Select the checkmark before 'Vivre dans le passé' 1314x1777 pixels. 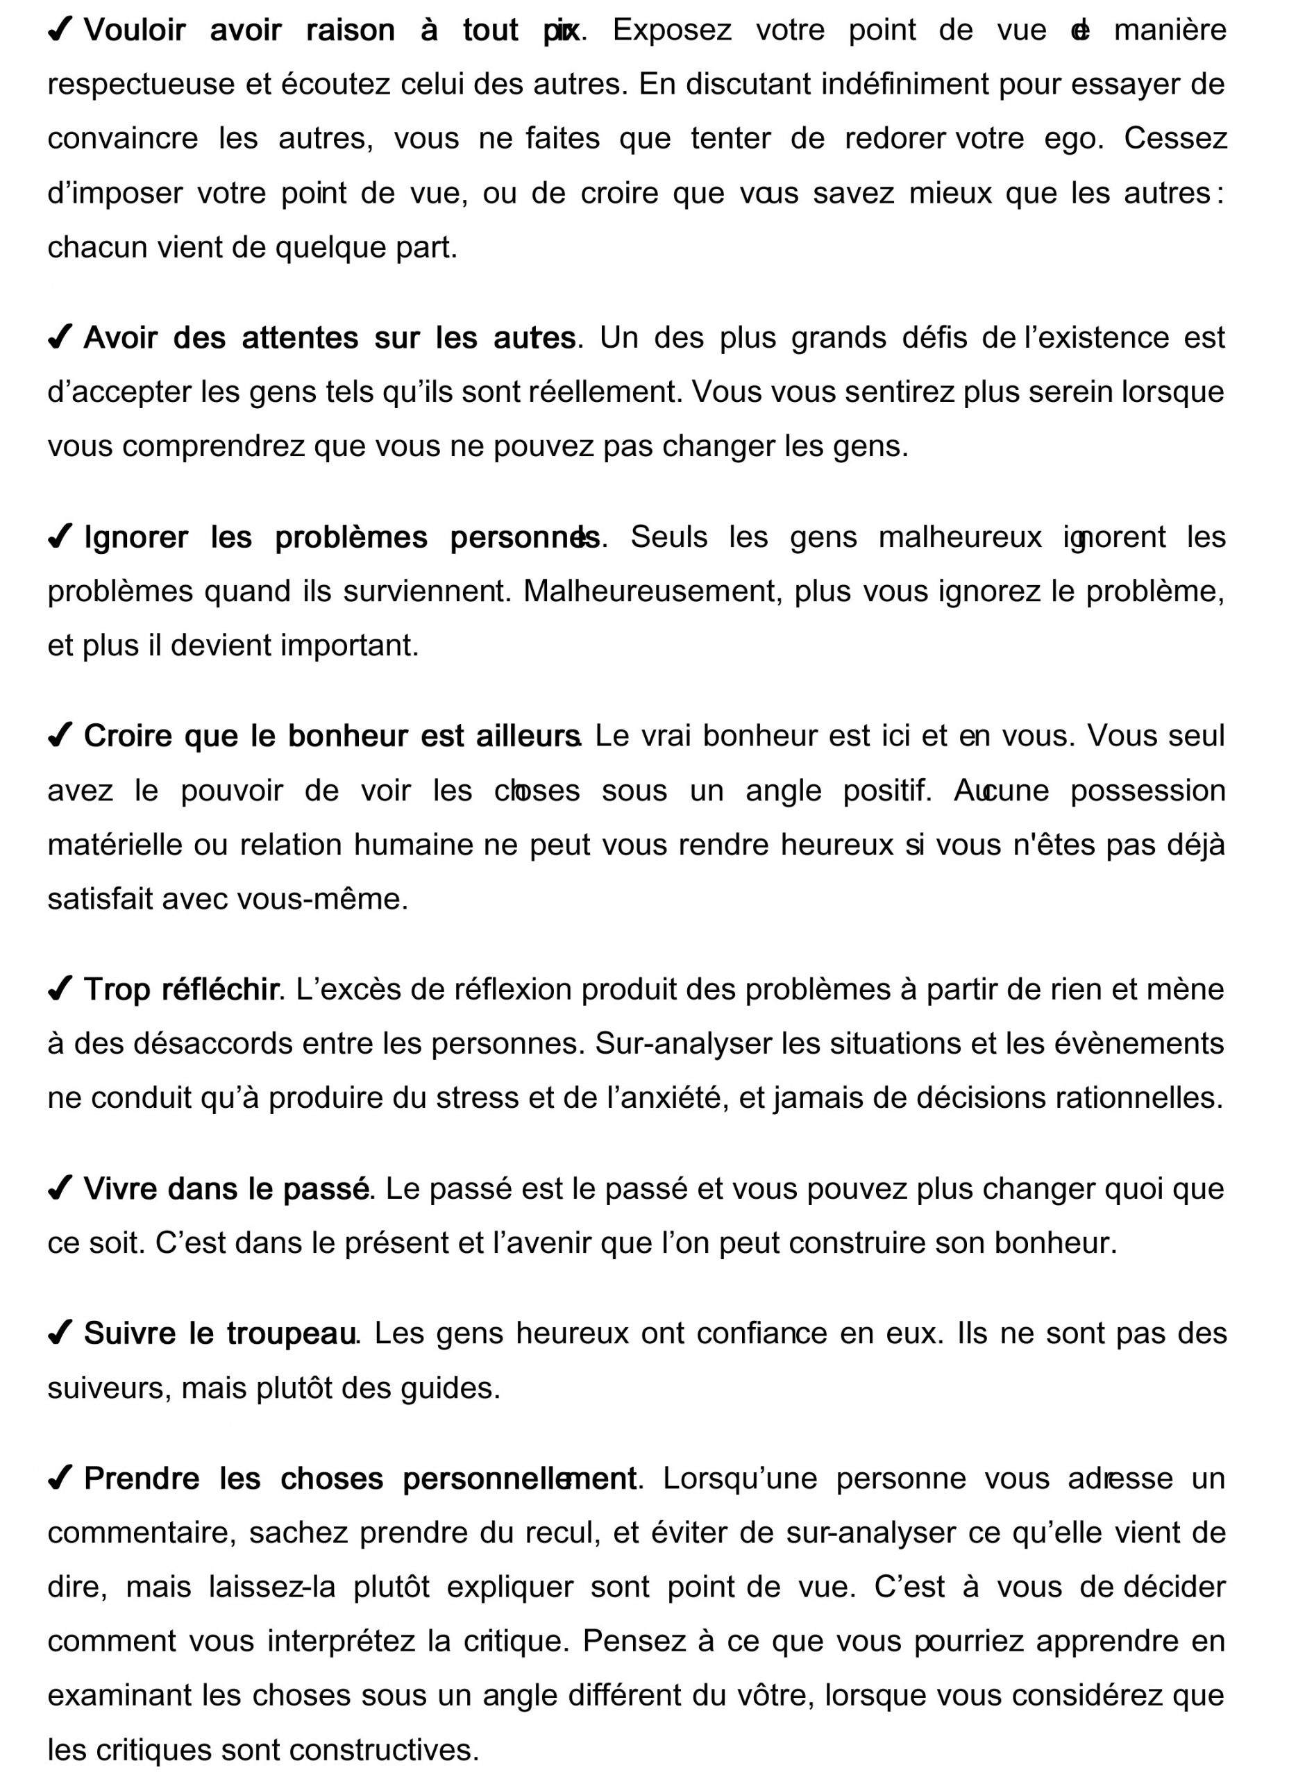pos(60,1188)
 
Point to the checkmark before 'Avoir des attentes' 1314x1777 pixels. pos(60,337)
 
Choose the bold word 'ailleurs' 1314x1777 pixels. pos(528,736)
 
